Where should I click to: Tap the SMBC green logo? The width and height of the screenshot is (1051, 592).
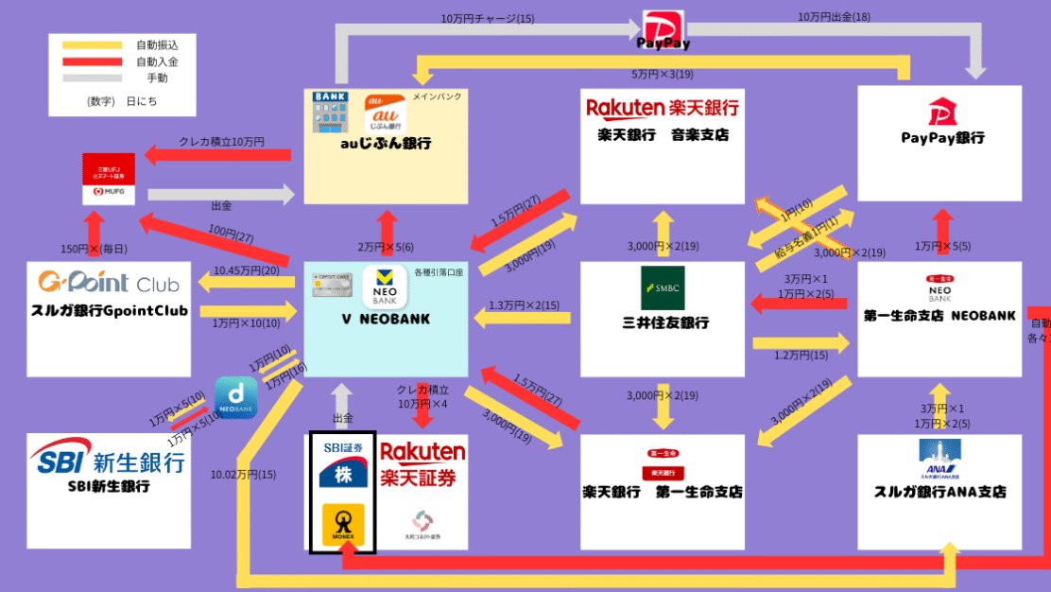[x=663, y=287]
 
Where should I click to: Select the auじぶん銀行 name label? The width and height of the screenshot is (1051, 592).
[x=386, y=144]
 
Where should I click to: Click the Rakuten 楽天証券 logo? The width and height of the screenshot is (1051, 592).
[x=422, y=463]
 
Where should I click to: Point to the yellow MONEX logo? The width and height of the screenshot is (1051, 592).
[x=343, y=526]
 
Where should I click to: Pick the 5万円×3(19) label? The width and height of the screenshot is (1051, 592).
[x=663, y=74]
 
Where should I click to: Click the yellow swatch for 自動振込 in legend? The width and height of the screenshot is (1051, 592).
[x=93, y=44]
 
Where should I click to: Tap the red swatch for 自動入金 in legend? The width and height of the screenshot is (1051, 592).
[x=93, y=61]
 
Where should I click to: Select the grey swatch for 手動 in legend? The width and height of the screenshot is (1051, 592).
[x=93, y=78]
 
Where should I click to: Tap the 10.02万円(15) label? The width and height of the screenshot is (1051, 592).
[x=244, y=474]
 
